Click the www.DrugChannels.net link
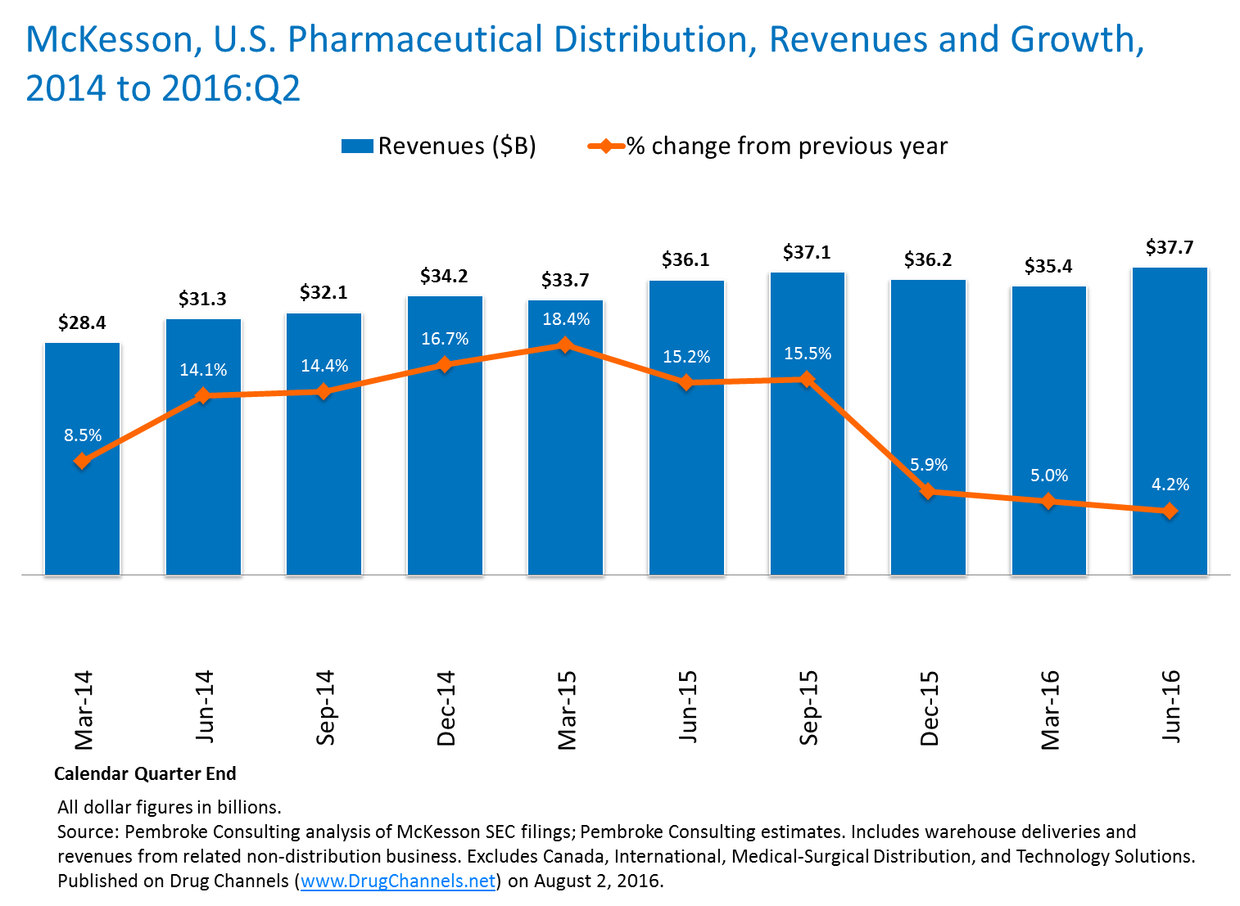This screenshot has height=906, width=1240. pyautogui.click(x=398, y=881)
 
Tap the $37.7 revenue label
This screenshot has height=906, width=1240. pyautogui.click(x=1169, y=247)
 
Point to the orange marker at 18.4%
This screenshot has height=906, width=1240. pyautogui.click(x=564, y=345)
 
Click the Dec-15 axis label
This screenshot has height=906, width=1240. pyautogui.click(x=930, y=708)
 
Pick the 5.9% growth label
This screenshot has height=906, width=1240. pyautogui.click(x=929, y=465)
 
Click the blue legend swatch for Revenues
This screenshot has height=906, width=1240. pyautogui.click(x=357, y=146)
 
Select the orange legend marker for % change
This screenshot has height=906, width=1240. pyautogui.click(x=606, y=146)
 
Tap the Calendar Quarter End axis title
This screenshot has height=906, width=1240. pyautogui.click(x=145, y=773)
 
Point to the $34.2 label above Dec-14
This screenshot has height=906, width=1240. pyautogui.click(x=444, y=277)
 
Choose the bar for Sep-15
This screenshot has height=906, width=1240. pyautogui.click(x=807, y=491)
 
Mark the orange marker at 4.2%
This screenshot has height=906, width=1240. pyautogui.click(x=1170, y=511)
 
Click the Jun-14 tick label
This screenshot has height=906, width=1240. pyautogui.click(x=204, y=706)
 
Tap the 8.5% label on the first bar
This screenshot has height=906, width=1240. pyautogui.click(x=83, y=435)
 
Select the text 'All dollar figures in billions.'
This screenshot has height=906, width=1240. pyautogui.click(x=169, y=807)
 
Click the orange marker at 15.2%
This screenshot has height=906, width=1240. pyautogui.click(x=686, y=382)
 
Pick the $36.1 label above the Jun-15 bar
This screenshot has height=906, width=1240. pyautogui.click(x=686, y=260)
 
